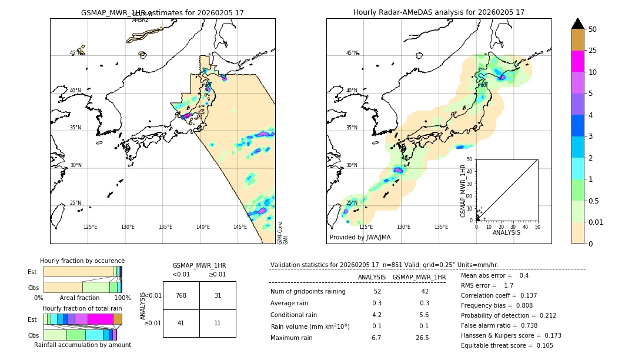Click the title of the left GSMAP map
coord(162,12)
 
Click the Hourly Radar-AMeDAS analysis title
coord(439,12)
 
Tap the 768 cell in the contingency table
coord(181,295)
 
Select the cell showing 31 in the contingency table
coord(218,295)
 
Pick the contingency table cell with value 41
coord(181,323)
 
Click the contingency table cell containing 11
coord(218,323)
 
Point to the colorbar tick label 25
coord(593,51)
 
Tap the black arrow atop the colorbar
coord(578,24)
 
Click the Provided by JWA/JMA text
coord(360,238)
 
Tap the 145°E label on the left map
coord(240,227)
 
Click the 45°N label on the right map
coord(352,53)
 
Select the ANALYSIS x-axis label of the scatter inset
coord(507,232)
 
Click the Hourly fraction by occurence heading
coord(82,261)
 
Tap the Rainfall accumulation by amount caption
coord(82,345)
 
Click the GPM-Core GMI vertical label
coord(282,233)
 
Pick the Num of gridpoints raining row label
coord(308,291)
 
